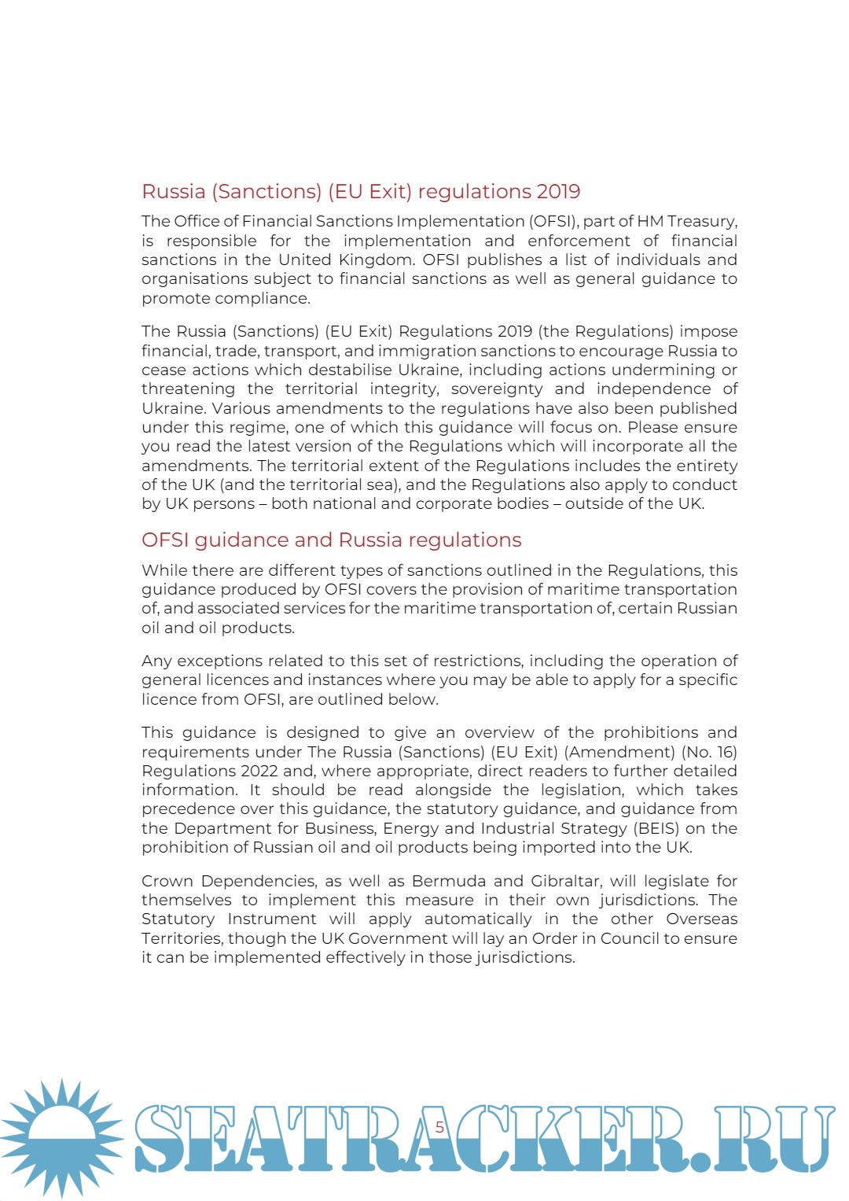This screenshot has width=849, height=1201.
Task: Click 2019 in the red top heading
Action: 558,191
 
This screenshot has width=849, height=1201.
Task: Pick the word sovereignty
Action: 496,389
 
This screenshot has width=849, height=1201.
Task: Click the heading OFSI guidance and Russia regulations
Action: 331,540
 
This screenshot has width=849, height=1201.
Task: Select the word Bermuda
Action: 450,881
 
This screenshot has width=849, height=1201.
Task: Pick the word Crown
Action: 167,881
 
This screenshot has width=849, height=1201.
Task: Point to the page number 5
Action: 439,1127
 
